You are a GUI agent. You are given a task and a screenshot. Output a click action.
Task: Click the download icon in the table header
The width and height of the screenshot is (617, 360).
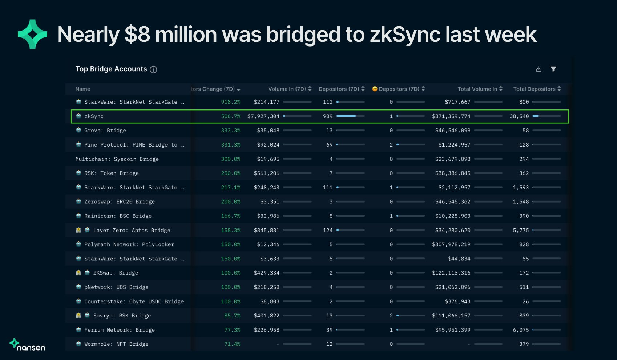[539, 69]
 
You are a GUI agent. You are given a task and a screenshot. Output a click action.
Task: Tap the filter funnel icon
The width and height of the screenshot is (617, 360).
[553, 69]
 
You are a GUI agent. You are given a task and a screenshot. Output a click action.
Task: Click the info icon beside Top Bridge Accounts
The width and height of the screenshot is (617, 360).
[153, 69]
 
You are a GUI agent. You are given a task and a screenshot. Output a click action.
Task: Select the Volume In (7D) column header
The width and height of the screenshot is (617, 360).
[287, 89]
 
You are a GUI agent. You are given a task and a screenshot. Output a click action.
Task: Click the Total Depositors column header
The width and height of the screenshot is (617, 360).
[534, 89]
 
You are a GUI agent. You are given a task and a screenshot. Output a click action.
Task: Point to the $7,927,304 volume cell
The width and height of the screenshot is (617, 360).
[263, 116]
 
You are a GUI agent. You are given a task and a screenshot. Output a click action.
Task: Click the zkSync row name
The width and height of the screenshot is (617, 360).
[94, 116]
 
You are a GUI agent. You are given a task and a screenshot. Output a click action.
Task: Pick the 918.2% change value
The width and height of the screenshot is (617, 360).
[231, 102]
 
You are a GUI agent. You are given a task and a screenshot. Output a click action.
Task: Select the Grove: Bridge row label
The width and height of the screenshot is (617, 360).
[105, 131]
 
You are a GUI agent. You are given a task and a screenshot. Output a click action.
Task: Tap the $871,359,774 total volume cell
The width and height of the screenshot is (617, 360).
[451, 116]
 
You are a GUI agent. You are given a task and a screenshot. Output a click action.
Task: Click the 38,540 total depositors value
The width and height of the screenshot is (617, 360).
[519, 116]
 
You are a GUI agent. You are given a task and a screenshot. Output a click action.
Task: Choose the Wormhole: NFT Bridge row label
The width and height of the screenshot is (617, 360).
[116, 344]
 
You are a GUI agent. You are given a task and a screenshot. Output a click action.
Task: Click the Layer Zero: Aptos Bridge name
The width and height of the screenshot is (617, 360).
[132, 231]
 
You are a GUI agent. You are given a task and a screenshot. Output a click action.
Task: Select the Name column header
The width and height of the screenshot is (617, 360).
[83, 89]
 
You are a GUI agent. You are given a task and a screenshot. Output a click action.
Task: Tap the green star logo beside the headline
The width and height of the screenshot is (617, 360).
[32, 34]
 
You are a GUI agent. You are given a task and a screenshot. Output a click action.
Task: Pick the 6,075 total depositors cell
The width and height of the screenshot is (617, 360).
[521, 330]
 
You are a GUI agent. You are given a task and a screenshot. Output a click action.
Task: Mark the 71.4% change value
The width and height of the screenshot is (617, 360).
[232, 344]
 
